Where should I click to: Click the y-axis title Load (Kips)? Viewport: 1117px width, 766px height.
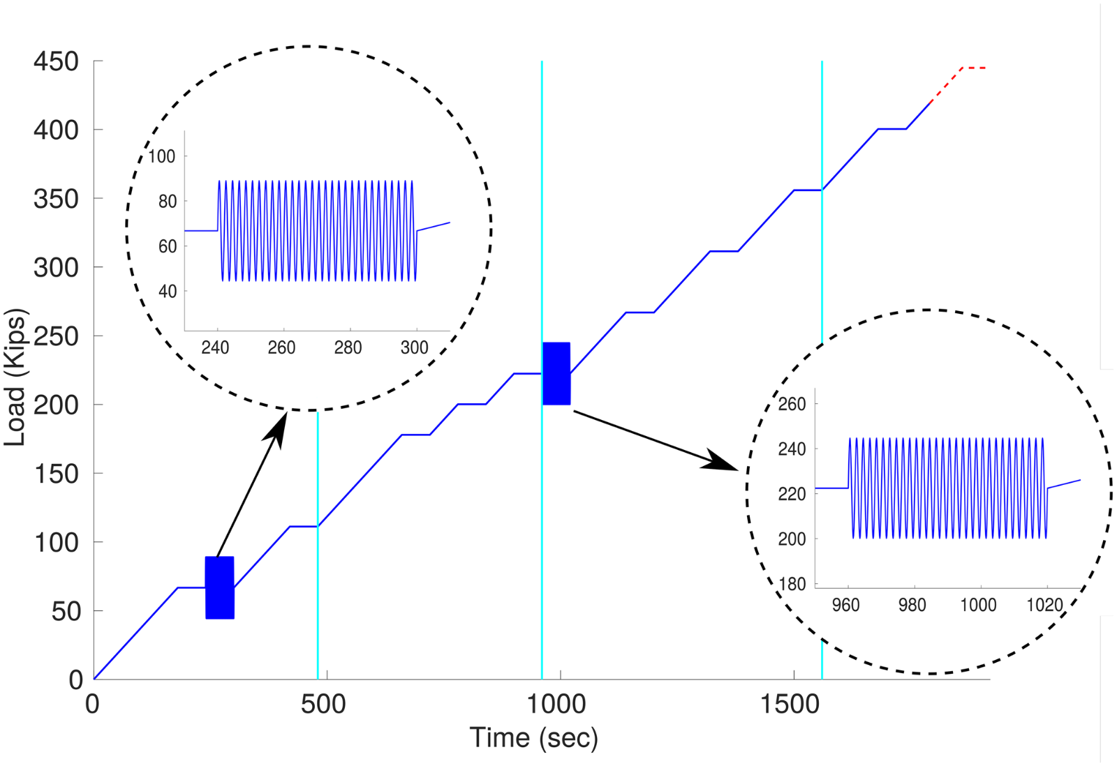click(15, 377)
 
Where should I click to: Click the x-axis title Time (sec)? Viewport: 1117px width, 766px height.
click(533, 738)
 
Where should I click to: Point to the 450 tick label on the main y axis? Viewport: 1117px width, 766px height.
click(57, 61)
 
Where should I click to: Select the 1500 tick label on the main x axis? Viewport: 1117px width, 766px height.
click(790, 705)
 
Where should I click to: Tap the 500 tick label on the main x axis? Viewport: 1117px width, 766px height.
click(323, 705)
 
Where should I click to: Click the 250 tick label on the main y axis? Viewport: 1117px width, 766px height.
click(57, 336)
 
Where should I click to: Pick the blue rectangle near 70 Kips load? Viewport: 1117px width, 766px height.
click(220, 587)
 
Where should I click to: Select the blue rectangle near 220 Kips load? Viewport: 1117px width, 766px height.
click(556, 373)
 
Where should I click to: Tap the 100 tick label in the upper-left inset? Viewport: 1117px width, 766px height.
click(162, 156)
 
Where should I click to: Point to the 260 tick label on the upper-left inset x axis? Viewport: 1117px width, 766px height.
click(281, 347)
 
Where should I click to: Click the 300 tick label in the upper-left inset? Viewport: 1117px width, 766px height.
click(414, 347)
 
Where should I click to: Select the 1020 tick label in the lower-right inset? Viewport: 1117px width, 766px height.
click(1044, 605)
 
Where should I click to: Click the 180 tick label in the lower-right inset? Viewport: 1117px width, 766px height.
click(792, 584)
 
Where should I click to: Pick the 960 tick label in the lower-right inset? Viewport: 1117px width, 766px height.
click(845, 605)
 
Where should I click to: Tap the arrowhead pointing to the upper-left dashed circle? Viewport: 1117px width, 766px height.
click(277, 427)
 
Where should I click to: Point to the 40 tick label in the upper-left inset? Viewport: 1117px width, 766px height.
click(168, 291)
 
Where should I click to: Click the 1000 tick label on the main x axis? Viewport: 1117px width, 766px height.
click(556, 705)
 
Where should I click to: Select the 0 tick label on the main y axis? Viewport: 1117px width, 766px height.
click(75, 680)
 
